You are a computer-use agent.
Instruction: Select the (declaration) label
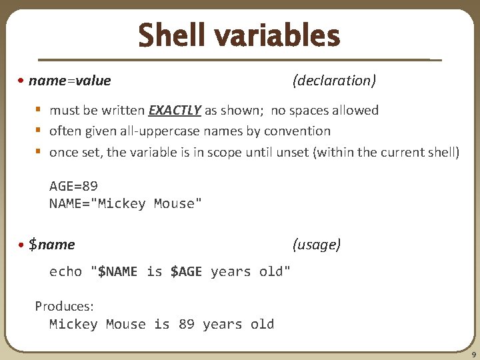tap(334, 81)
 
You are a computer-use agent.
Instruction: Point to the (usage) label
tap(317, 245)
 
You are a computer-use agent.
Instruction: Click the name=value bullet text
tap(70, 81)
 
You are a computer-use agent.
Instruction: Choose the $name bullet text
tap(52, 245)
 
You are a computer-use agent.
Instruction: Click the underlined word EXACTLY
tap(175, 110)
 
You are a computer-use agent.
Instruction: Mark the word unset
tap(292, 152)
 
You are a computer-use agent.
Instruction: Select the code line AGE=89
tap(73, 186)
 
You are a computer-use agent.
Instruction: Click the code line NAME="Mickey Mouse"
tap(125, 203)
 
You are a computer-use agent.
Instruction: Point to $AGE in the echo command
tap(186, 271)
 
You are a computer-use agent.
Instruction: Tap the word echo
tap(65, 271)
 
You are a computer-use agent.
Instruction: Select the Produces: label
tap(64, 306)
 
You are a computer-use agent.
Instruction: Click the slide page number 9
tap(473, 354)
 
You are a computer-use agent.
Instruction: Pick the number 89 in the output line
tap(186, 325)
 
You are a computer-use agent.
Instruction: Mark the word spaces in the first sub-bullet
tap(308, 110)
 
